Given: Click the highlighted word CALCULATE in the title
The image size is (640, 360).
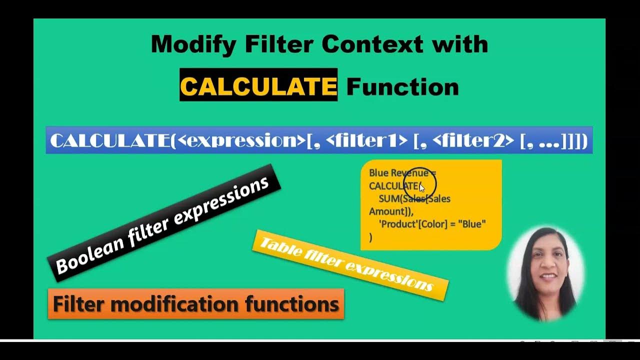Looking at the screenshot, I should click(258, 86).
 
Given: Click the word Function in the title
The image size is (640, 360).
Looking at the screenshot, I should click(402, 87).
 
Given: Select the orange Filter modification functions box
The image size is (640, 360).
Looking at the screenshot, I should click(196, 304).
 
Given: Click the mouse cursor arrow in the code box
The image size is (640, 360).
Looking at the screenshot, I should click(421, 187).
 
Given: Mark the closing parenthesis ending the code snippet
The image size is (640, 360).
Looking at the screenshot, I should click(370, 238).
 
